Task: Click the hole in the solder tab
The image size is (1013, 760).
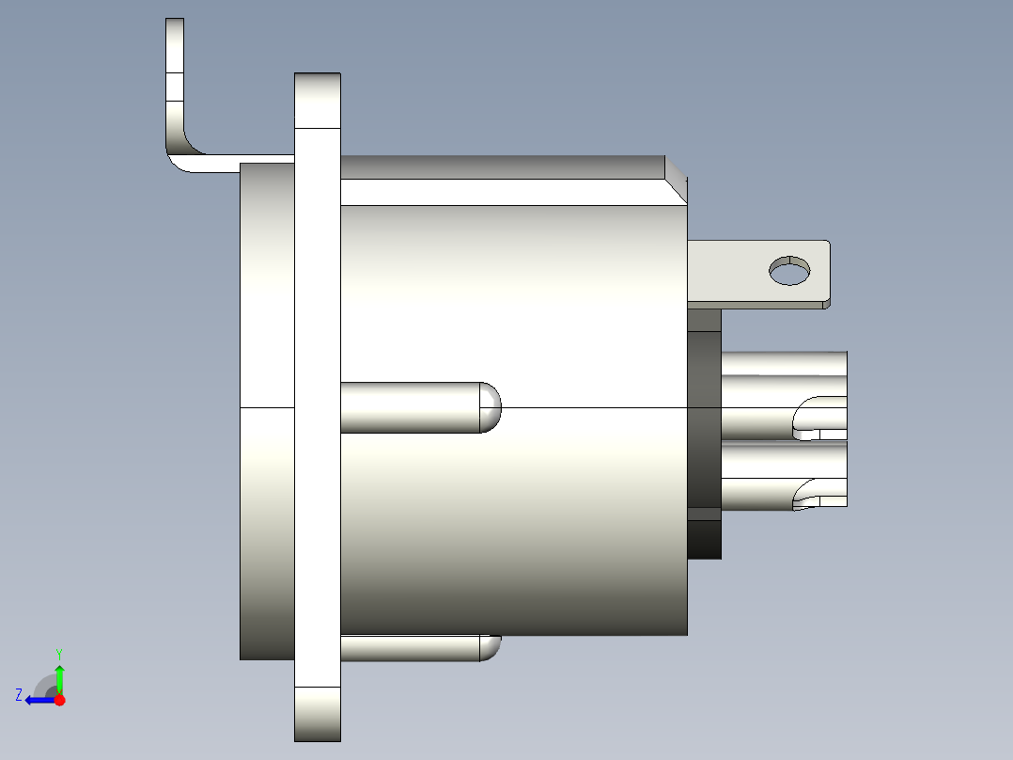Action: click(789, 271)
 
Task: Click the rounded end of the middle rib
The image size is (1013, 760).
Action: click(490, 407)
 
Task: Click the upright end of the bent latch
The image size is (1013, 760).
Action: click(175, 75)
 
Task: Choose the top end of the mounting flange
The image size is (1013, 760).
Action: click(318, 100)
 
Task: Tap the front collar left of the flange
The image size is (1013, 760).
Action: click(268, 410)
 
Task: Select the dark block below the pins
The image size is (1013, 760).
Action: click(705, 539)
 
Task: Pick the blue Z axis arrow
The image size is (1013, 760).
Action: click(38, 700)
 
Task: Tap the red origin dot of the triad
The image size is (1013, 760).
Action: click(59, 700)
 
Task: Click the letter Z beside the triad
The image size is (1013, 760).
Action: click(19, 694)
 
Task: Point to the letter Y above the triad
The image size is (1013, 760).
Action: click(59, 653)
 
